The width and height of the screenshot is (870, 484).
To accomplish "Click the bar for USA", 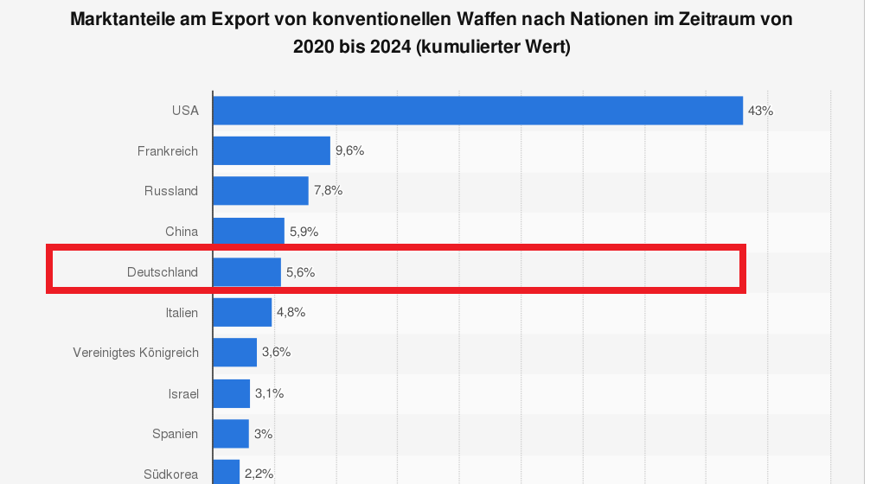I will [x=477, y=111].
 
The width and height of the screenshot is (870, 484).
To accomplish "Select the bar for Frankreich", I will [x=272, y=150].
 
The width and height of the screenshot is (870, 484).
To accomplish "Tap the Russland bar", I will [x=260, y=191].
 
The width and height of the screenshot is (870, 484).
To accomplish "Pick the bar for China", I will [x=248, y=232].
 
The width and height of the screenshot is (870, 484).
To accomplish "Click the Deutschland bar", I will [x=246, y=272].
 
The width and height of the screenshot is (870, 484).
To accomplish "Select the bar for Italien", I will [x=242, y=312].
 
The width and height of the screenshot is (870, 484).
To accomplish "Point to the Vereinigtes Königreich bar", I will [x=234, y=353].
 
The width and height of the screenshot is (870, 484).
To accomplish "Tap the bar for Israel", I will [x=231, y=393].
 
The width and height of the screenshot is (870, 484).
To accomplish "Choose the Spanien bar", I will [x=231, y=434].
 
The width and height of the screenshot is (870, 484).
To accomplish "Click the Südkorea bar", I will [x=226, y=473].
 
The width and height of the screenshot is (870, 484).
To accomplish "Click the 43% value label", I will [x=761, y=111].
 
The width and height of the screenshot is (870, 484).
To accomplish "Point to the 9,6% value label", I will [x=350, y=150].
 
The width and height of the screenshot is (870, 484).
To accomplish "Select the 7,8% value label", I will [x=329, y=191].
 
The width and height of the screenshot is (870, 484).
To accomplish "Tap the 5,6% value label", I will [x=301, y=272].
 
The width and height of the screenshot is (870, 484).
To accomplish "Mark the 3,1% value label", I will [x=270, y=393].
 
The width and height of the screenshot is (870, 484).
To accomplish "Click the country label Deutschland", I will [x=163, y=272].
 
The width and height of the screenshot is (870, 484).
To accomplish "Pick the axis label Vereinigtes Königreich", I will [x=136, y=353].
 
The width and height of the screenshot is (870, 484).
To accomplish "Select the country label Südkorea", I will [x=171, y=474].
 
